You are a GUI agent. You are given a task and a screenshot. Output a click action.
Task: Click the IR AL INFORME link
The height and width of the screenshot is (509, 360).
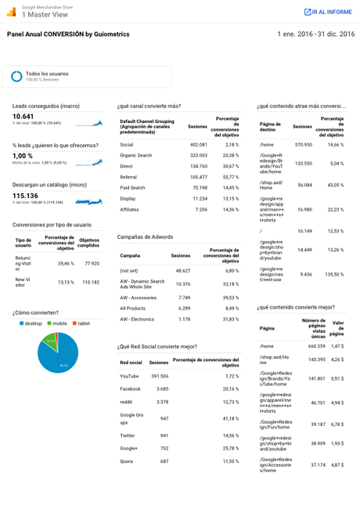[x=328, y=12]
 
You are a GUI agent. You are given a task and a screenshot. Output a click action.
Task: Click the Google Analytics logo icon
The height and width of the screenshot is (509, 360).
[x=11, y=12]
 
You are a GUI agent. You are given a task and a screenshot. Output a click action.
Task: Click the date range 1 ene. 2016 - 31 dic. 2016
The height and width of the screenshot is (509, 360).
[x=315, y=34]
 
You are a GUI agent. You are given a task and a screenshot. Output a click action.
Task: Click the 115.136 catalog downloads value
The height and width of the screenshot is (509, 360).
[x=26, y=195]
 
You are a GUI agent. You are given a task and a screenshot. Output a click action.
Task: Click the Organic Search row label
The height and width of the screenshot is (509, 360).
[x=136, y=155]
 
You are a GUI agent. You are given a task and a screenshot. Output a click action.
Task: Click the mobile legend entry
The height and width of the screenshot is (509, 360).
[x=59, y=323]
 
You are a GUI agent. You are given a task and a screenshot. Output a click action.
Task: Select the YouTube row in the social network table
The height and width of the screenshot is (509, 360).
[x=130, y=376]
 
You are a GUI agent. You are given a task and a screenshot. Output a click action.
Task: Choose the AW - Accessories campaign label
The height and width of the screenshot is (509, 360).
[x=138, y=298]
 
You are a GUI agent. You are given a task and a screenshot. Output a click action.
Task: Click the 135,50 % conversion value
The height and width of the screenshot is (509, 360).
[x=333, y=274]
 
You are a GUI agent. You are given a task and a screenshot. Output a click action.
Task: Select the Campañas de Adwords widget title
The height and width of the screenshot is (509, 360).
[x=145, y=236]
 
